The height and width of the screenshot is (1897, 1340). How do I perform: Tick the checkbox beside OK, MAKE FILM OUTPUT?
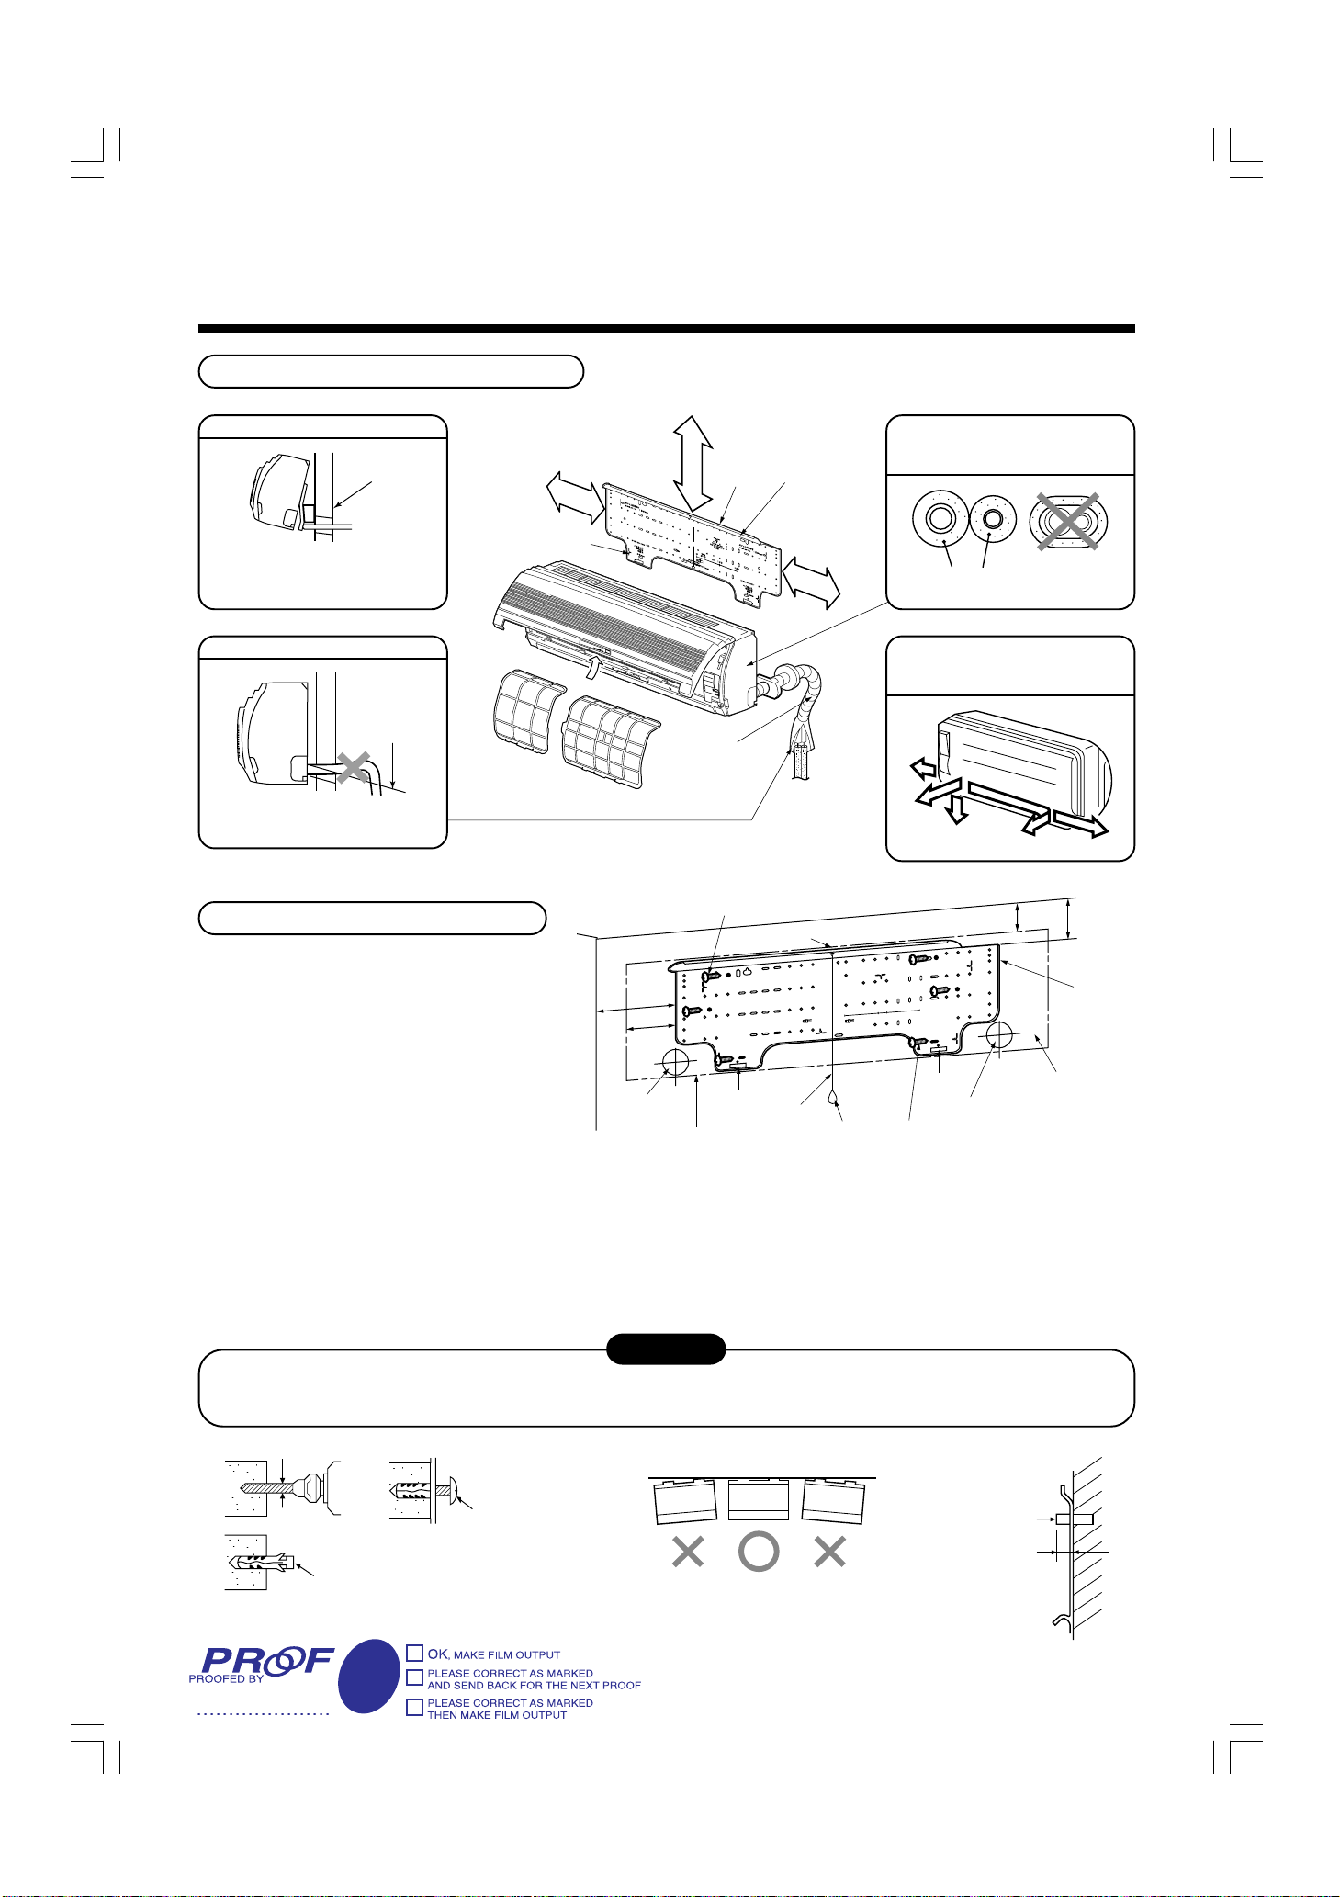(415, 1654)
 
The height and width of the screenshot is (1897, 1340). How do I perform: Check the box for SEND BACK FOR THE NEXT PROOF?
(415, 1677)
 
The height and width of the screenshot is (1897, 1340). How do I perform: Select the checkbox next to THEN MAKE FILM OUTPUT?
(415, 1707)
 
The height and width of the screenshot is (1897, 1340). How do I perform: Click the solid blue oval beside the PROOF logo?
(369, 1677)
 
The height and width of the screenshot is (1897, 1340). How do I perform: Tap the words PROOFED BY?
(226, 1678)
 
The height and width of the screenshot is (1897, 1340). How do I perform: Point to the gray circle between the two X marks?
(759, 1552)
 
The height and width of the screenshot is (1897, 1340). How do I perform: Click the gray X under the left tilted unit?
(688, 1552)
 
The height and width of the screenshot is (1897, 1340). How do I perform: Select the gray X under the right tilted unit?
(829, 1552)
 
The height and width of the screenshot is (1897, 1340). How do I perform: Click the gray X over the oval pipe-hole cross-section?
(1068, 522)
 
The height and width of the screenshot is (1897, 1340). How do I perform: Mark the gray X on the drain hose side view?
(354, 767)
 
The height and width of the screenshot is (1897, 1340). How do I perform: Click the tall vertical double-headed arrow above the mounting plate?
(693, 461)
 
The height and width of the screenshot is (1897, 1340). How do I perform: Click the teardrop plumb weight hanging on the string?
(832, 1095)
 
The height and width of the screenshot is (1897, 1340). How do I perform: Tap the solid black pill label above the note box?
(666, 1349)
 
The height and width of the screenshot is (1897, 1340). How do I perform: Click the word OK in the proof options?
(437, 1654)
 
